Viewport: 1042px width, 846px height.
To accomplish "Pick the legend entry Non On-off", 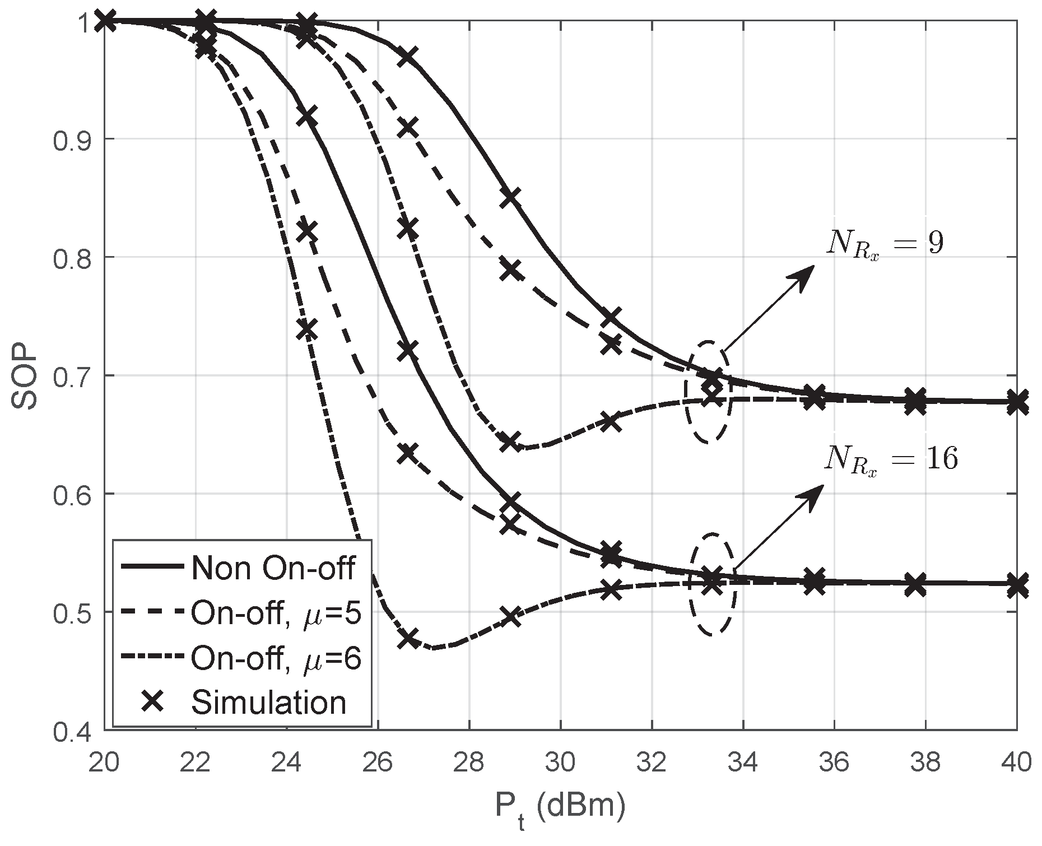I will point(273,568).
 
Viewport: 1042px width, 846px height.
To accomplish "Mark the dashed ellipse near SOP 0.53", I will point(711,584).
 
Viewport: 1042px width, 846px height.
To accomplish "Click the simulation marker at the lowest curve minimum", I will point(408,639).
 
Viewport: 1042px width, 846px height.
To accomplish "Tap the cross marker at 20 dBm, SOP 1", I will point(105,21).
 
